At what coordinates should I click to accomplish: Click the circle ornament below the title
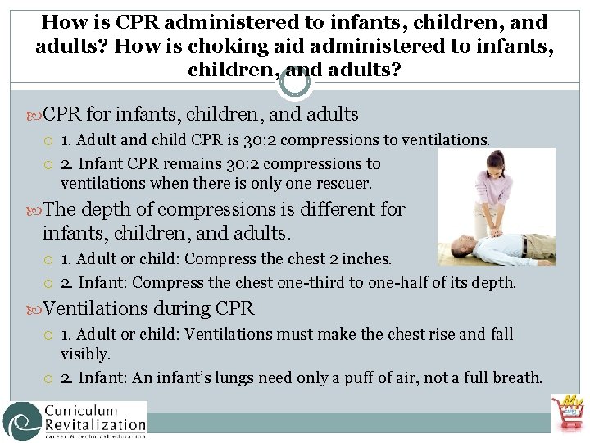tap(295, 81)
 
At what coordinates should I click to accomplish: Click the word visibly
tap(84, 354)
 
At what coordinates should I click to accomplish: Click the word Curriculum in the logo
tap(80, 410)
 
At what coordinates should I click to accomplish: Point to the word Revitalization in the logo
tap(95, 425)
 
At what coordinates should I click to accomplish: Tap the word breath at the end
tap(515, 378)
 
